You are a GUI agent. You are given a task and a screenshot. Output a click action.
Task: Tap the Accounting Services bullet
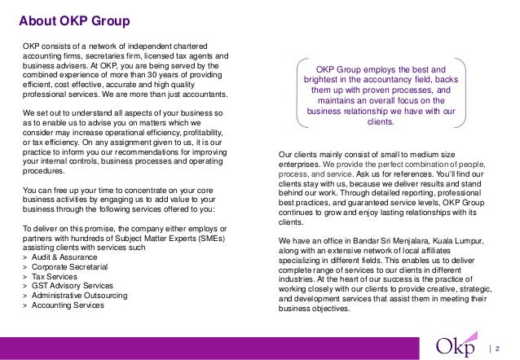click(x=68, y=315)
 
